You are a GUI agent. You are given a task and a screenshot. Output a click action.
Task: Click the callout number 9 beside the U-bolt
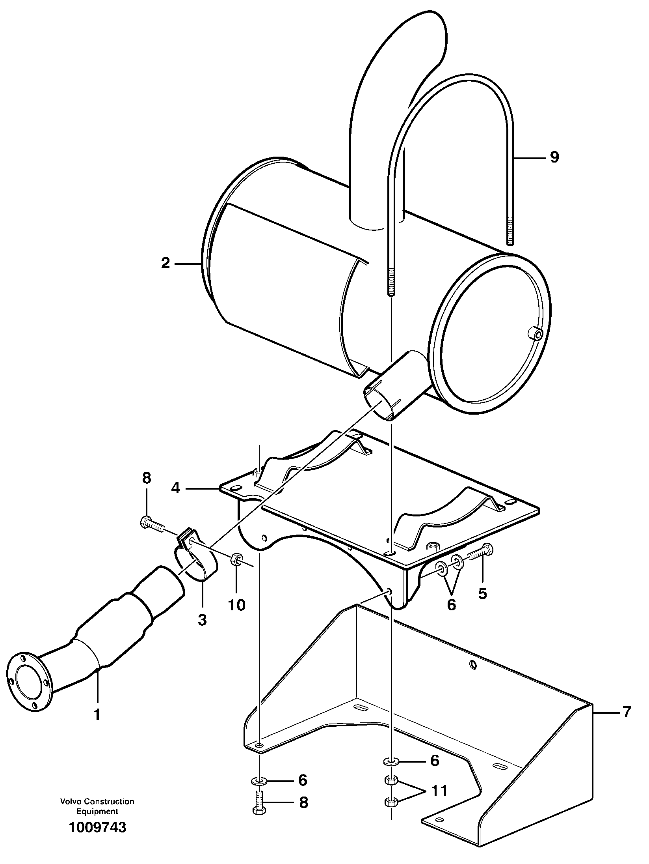554,157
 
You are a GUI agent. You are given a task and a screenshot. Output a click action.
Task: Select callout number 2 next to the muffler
165,263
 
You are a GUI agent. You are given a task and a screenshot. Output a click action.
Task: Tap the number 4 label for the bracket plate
175,488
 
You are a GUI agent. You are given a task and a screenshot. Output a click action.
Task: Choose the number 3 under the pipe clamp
202,620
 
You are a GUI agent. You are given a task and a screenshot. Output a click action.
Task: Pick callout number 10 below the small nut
237,604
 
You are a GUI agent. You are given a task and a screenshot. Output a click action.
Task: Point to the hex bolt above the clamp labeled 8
152,524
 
